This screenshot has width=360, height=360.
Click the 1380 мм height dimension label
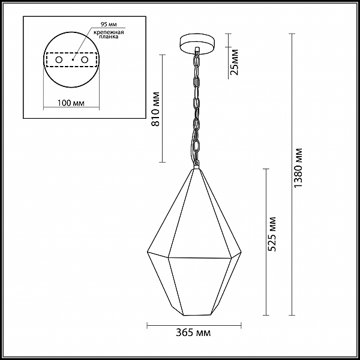pyautogui.click(x=299, y=168)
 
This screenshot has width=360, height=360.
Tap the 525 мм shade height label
pyautogui.click(x=272, y=234)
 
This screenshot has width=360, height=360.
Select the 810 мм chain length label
pyautogui.click(x=155, y=109)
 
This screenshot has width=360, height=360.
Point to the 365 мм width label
pyautogui.click(x=193, y=332)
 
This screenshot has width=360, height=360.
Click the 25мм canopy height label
pyautogui.click(x=235, y=62)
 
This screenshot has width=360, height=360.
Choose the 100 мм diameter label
pyautogui.click(x=71, y=103)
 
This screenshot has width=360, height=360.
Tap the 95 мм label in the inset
pyautogui.click(x=109, y=25)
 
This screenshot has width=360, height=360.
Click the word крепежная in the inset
pyautogui.click(x=109, y=32)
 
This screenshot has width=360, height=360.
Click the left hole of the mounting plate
pyautogui.click(x=59, y=60)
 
